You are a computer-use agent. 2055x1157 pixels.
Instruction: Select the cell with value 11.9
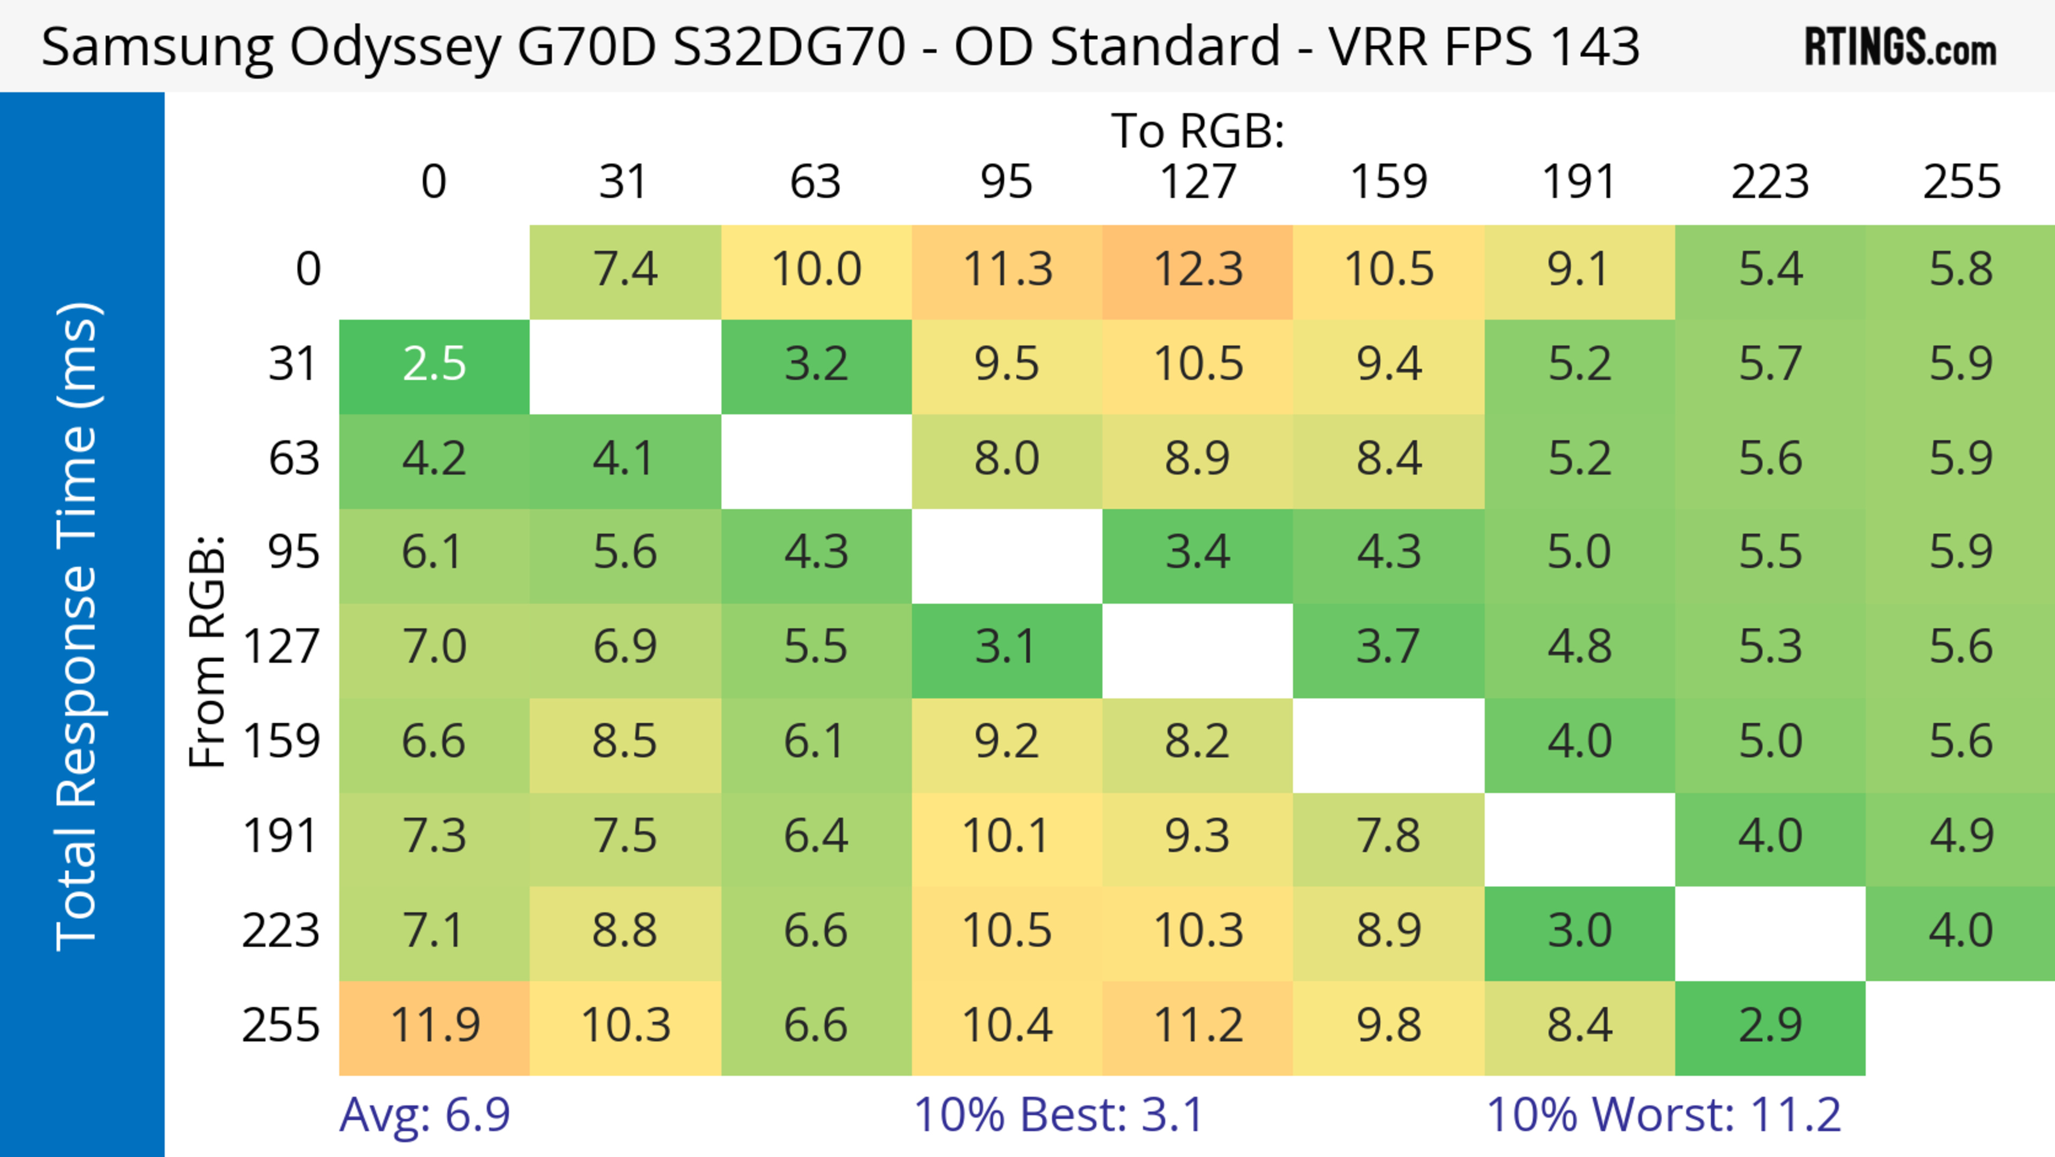point(435,1025)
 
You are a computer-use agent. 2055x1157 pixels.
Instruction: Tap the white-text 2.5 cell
point(435,365)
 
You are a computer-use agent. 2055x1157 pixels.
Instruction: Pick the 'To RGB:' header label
point(1198,130)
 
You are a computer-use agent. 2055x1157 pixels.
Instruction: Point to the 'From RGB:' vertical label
point(208,651)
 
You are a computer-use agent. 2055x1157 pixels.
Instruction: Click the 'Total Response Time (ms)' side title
point(78,626)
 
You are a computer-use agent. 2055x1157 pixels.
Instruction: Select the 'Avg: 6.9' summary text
point(424,1115)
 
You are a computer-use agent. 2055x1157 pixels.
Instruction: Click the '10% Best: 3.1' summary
point(1058,1115)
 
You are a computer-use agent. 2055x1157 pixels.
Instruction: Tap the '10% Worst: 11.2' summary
point(1663,1115)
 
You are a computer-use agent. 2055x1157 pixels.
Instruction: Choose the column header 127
point(1198,182)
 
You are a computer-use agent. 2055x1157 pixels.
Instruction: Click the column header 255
point(1961,182)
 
